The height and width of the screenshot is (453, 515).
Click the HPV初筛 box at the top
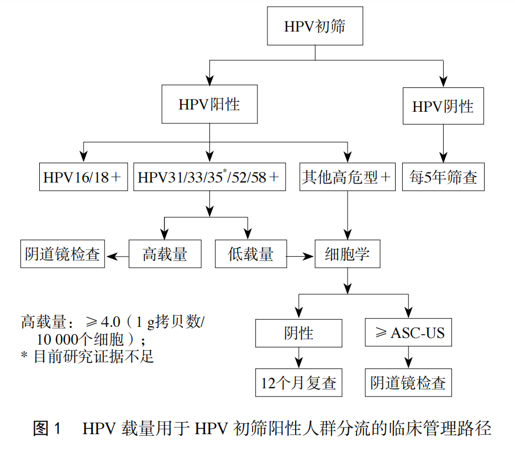point(315,27)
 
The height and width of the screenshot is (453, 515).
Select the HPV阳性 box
point(209,104)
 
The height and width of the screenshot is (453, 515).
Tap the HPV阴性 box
point(443,106)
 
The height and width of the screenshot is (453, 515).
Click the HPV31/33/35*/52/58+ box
point(209,177)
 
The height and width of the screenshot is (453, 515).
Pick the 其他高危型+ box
point(347,177)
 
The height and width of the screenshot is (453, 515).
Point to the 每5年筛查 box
point(443,177)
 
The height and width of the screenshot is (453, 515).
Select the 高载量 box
point(165,254)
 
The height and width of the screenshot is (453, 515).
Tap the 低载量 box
point(251,254)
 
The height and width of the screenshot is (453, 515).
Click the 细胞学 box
point(347,254)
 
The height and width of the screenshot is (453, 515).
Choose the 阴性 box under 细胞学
point(299,333)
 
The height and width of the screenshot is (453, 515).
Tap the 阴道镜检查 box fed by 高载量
point(62,254)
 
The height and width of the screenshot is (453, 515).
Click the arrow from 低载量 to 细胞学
point(301,256)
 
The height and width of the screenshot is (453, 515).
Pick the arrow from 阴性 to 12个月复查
point(299,357)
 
